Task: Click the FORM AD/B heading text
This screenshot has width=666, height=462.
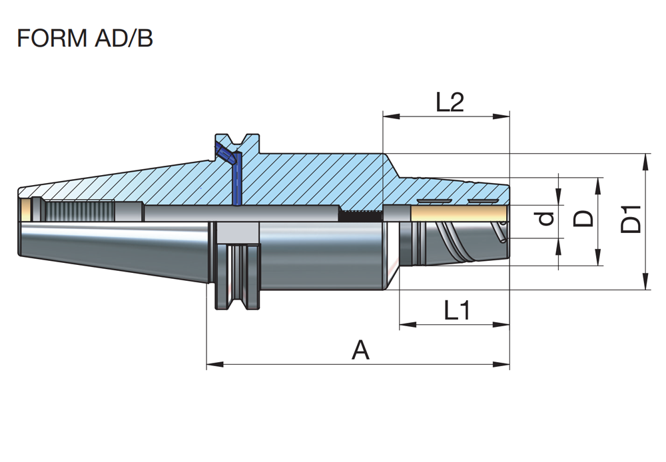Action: pyautogui.click(x=85, y=38)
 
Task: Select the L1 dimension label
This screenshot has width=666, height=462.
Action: pyautogui.click(x=458, y=310)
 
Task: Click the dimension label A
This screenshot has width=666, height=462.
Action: pyautogui.click(x=360, y=349)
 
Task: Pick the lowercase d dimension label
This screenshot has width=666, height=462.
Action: pyautogui.click(x=546, y=218)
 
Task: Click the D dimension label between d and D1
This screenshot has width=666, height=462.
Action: pyautogui.click(x=584, y=218)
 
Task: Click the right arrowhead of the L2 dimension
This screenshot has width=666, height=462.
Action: pyautogui.click(x=503, y=116)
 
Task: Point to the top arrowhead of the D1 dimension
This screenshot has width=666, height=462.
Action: pyautogui.click(x=646, y=160)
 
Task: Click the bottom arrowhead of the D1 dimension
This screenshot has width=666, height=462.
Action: pyautogui.click(x=646, y=284)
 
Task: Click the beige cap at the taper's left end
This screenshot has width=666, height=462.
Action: pyautogui.click(x=26, y=210)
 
